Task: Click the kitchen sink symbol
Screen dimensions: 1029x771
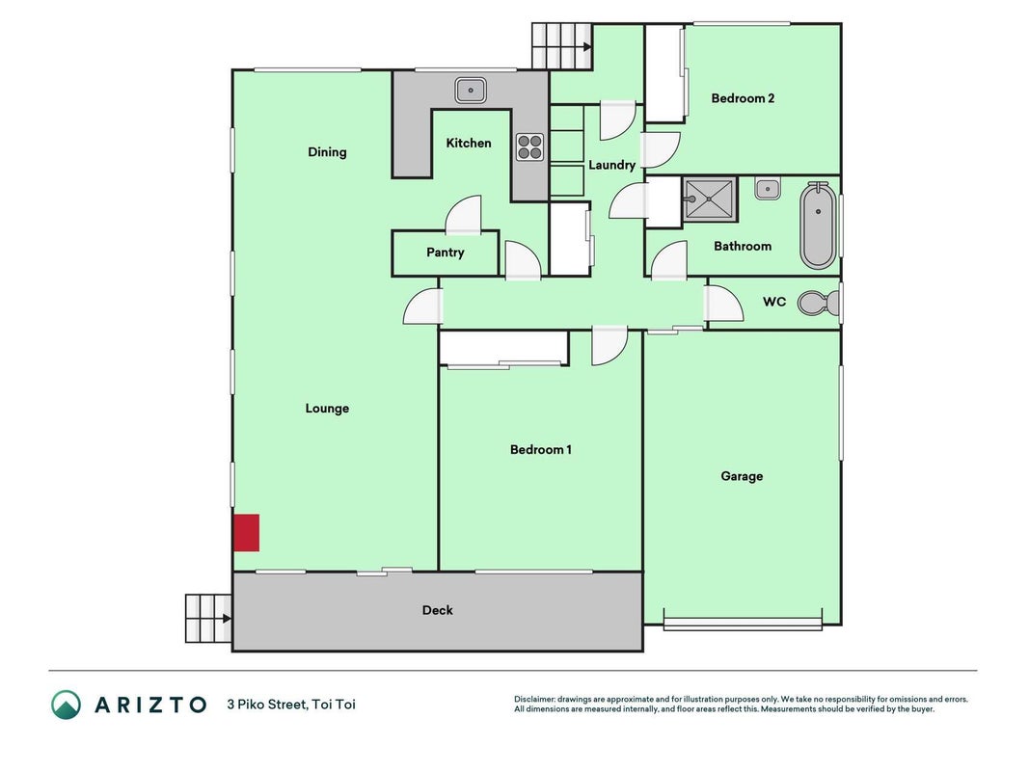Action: pyautogui.click(x=471, y=90)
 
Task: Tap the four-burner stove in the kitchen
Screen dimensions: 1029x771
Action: pyautogui.click(x=529, y=147)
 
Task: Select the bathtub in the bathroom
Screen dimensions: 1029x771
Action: pyautogui.click(x=818, y=226)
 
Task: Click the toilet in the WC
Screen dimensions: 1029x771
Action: pyautogui.click(x=819, y=303)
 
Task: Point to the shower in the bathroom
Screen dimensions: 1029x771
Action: pyautogui.click(x=710, y=199)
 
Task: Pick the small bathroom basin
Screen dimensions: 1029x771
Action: pyautogui.click(x=767, y=188)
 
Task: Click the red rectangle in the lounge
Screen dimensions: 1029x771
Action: pyautogui.click(x=246, y=532)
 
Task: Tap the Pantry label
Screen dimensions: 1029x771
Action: pyautogui.click(x=445, y=253)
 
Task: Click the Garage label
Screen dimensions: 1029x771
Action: pyautogui.click(x=742, y=476)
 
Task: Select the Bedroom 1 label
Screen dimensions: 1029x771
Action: pyautogui.click(x=541, y=450)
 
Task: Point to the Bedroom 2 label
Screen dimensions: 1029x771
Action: pyautogui.click(x=743, y=98)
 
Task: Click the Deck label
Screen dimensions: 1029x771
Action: pyautogui.click(x=437, y=610)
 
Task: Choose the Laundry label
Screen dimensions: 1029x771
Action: pyautogui.click(x=611, y=165)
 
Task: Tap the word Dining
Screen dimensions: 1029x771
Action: pyautogui.click(x=327, y=152)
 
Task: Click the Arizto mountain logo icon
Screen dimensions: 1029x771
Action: pyautogui.click(x=67, y=705)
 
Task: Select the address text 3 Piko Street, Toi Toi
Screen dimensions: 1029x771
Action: pyautogui.click(x=291, y=705)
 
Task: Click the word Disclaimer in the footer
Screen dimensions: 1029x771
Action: pyautogui.click(x=534, y=700)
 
